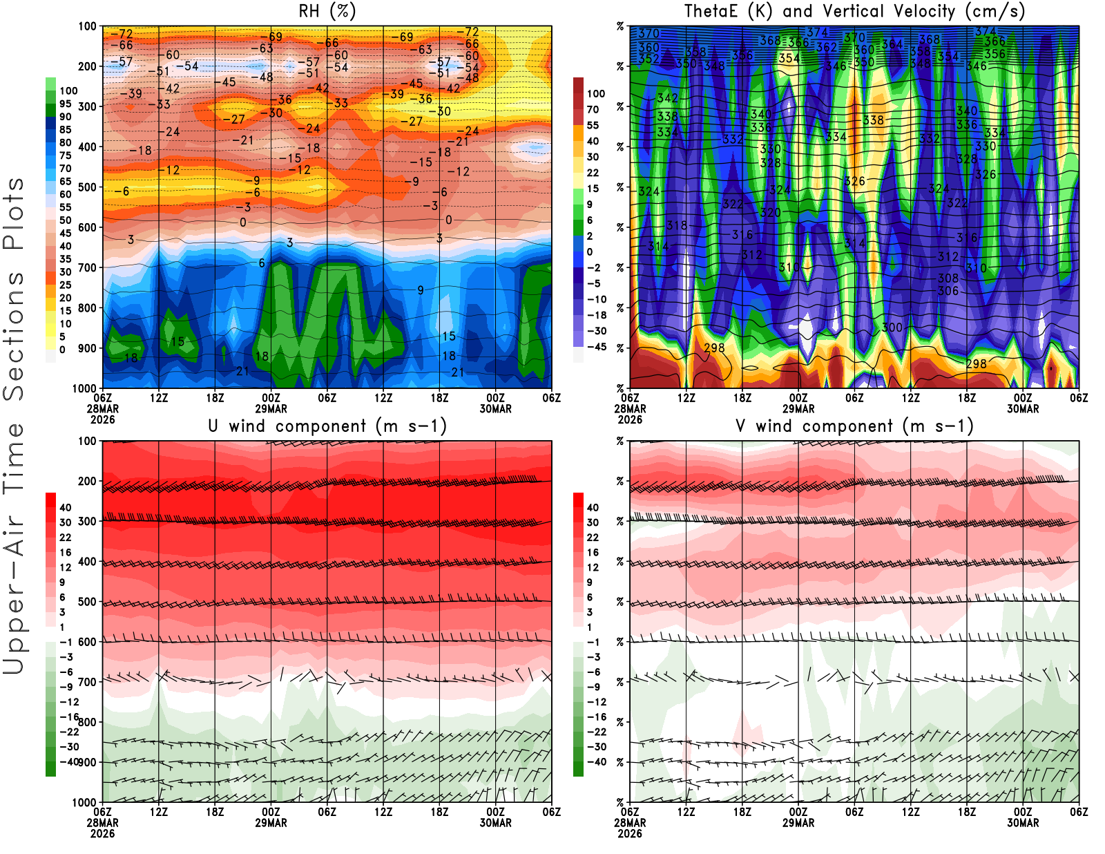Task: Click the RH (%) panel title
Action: point(327,11)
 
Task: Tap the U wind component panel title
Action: point(327,426)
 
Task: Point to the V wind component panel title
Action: point(854,426)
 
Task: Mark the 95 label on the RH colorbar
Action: point(65,104)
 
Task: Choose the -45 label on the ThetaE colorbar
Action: point(596,347)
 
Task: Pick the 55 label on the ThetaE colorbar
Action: point(593,125)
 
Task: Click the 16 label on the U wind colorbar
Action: point(65,552)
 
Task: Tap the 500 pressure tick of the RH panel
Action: point(88,187)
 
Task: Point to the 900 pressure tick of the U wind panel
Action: point(88,762)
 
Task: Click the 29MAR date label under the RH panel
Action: point(271,408)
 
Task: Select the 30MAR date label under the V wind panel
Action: point(1023,823)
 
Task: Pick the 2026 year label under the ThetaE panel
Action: point(630,419)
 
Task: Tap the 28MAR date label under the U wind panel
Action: point(102,823)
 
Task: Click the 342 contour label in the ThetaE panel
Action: point(667,98)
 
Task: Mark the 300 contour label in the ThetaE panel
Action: point(892,327)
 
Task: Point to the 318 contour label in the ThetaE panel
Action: point(677,225)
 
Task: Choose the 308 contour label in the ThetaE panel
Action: point(948,278)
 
